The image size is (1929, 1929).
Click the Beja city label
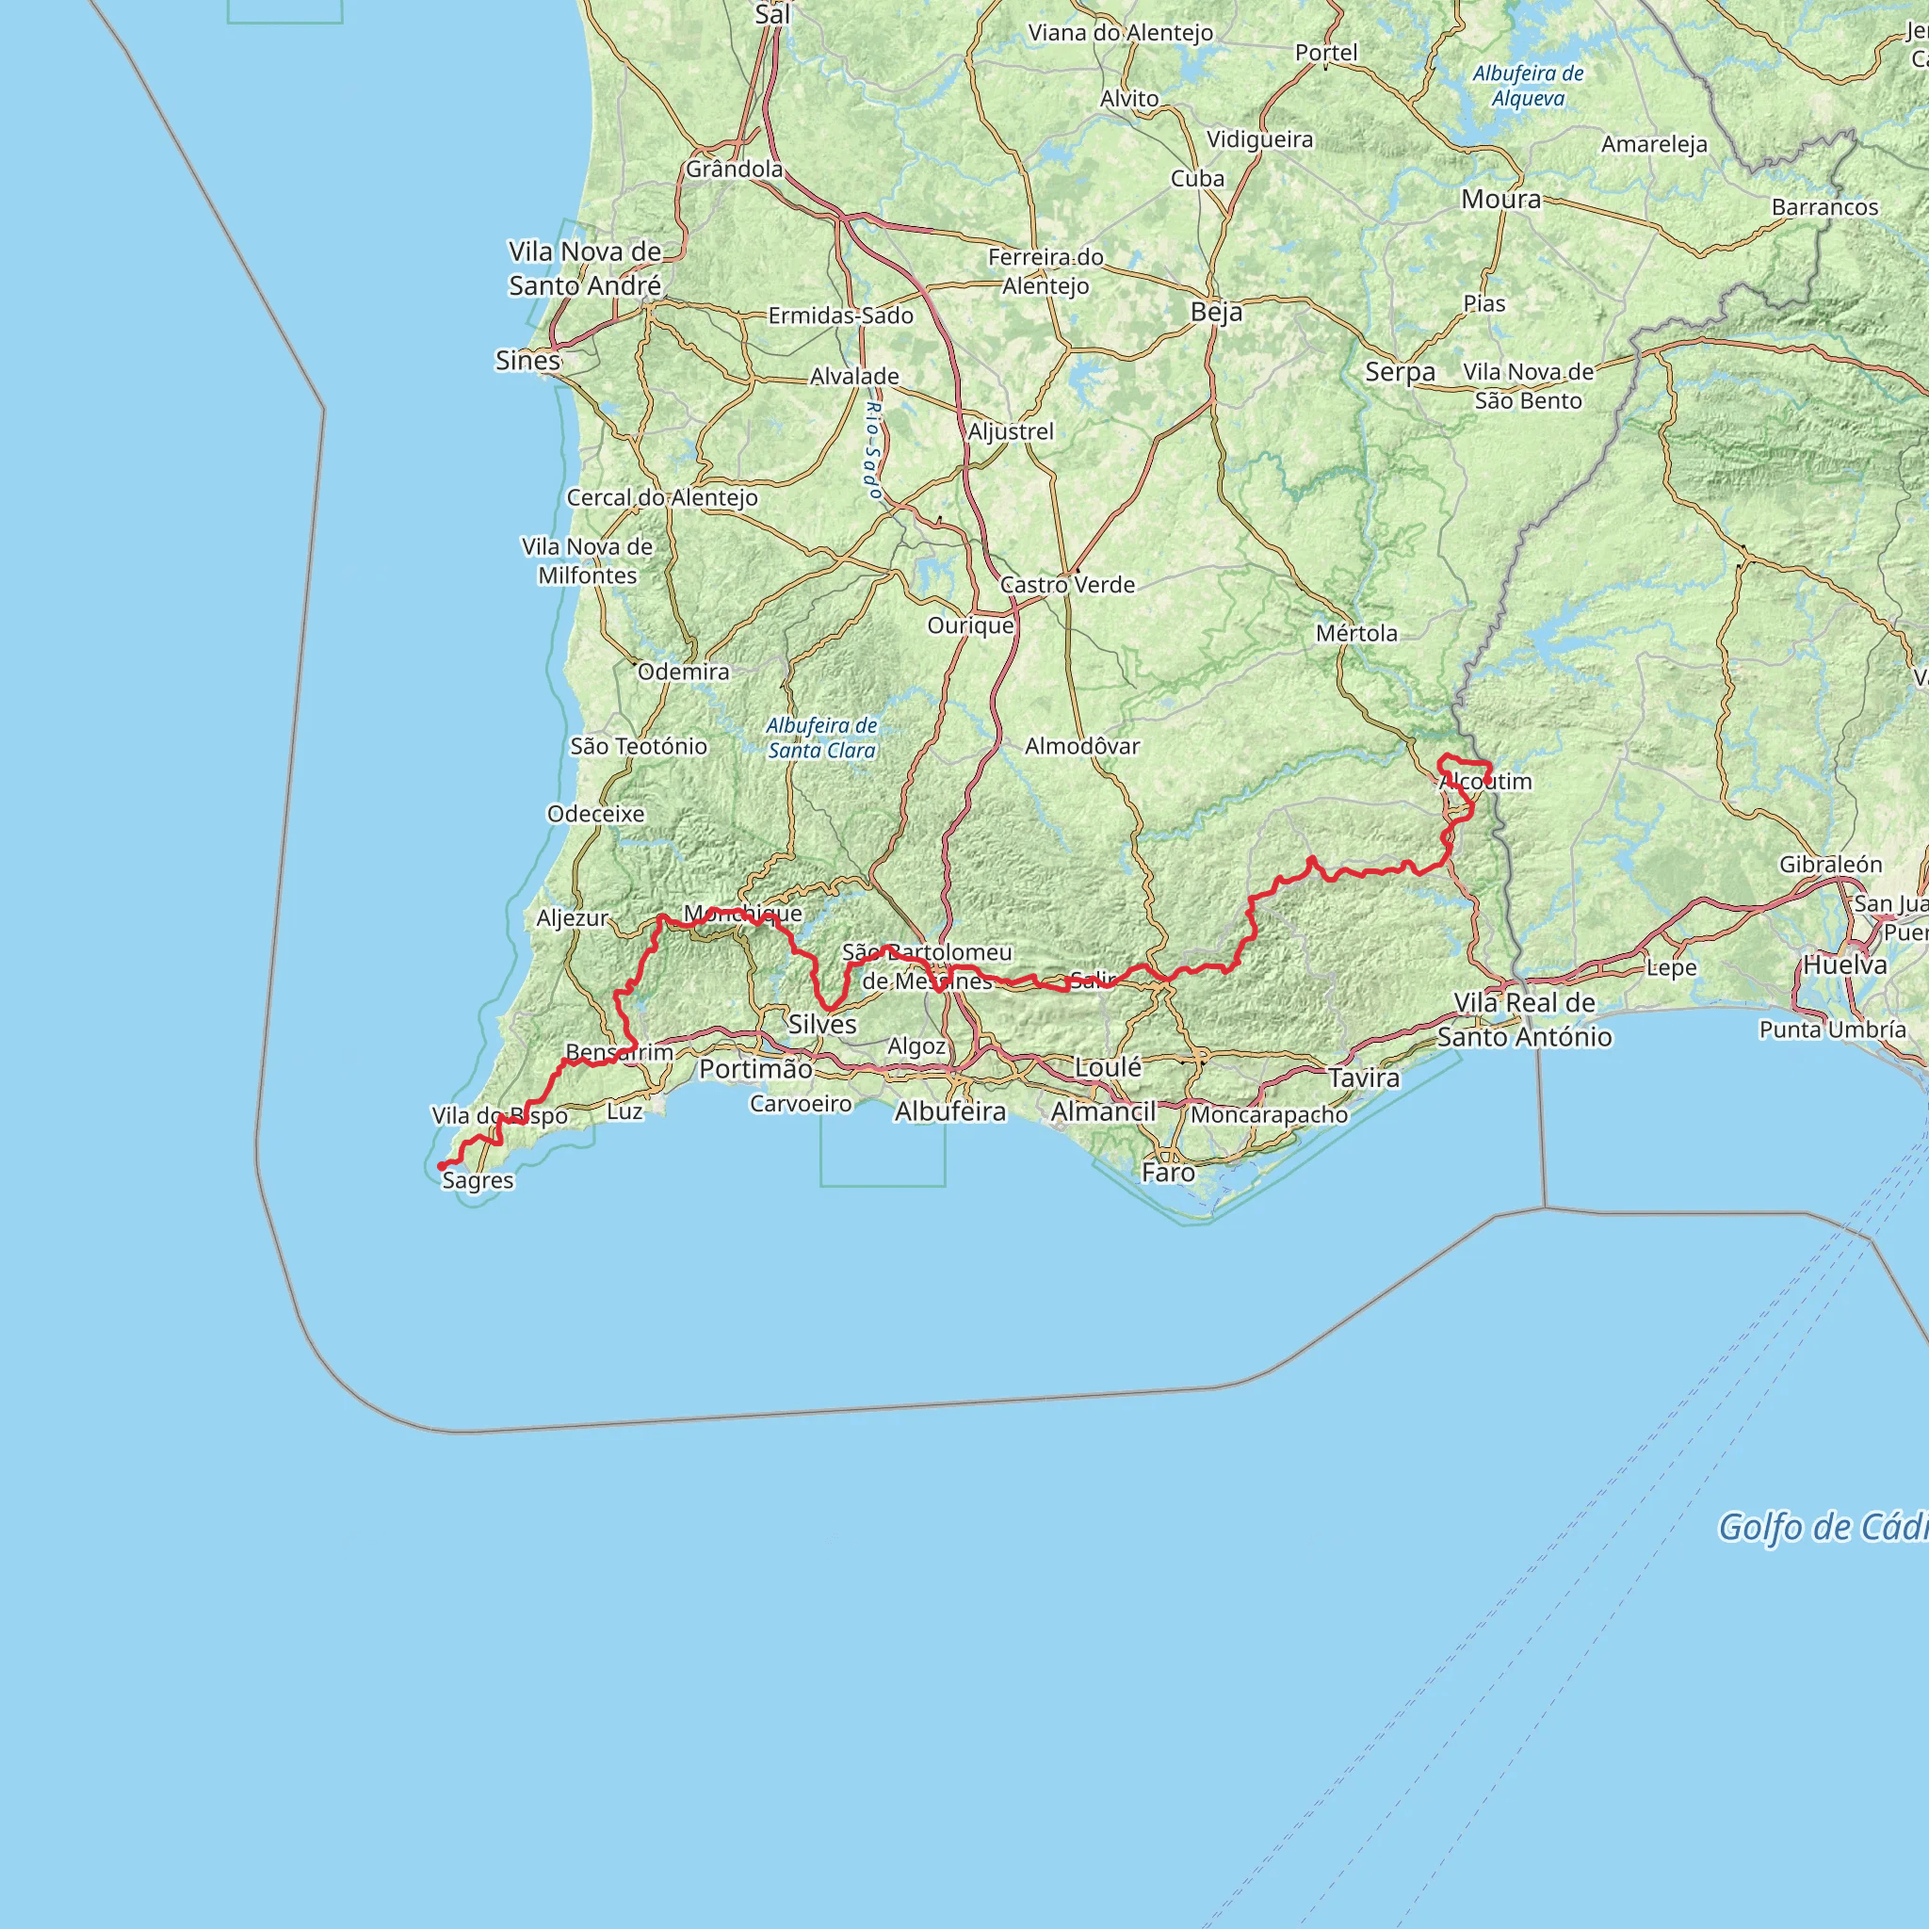point(1216,313)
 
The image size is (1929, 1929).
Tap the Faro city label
point(1168,1172)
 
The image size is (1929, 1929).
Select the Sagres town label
point(478,1180)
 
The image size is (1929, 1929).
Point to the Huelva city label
point(1845,965)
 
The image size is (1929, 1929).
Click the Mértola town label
point(1357,633)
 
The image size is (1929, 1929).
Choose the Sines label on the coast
point(528,361)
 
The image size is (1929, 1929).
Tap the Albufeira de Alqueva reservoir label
point(1528,86)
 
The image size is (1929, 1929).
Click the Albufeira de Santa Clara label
point(821,738)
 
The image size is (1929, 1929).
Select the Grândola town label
point(734,170)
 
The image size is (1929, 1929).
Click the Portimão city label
point(755,1069)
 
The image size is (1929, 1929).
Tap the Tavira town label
point(1364,1078)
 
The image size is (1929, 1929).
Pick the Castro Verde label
point(1067,585)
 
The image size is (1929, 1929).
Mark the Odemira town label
point(684,672)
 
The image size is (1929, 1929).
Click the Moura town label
point(1501,200)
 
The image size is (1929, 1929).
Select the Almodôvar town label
point(1082,746)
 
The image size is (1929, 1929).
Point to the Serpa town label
point(1400,372)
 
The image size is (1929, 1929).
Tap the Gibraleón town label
point(1830,865)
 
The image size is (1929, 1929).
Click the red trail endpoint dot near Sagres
point(442,1166)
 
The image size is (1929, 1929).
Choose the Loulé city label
point(1109,1067)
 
